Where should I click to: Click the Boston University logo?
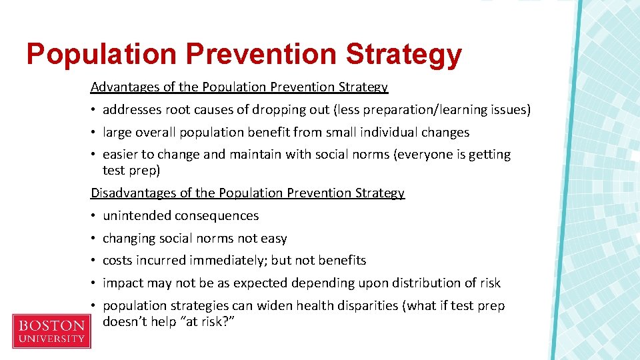pyautogui.click(x=51, y=331)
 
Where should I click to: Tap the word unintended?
pyautogui.click(x=137, y=216)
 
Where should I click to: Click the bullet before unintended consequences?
pyautogui.click(x=94, y=216)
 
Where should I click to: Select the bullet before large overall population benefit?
pyautogui.click(x=94, y=133)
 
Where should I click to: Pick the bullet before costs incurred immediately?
pyautogui.click(x=94, y=261)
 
